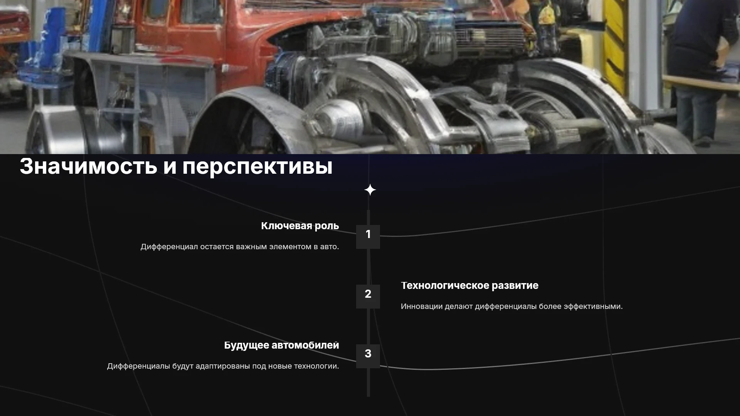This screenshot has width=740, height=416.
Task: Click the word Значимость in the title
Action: pos(89,166)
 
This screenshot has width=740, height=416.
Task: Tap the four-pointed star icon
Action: pos(370,190)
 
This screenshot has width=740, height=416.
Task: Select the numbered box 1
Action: pos(368,237)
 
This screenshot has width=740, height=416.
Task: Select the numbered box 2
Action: pos(368,296)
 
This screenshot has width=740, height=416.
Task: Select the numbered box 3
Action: pos(368,356)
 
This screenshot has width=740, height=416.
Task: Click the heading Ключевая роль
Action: pos(300,226)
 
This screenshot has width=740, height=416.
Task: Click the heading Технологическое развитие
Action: pos(469,285)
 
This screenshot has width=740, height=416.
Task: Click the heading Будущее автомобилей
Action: pos(282,346)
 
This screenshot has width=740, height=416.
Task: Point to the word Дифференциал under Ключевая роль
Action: pos(169,247)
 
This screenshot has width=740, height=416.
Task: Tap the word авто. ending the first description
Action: pos(330,247)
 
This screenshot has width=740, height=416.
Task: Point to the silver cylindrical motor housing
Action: pos(339,117)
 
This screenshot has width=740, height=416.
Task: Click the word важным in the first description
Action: pos(251,247)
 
